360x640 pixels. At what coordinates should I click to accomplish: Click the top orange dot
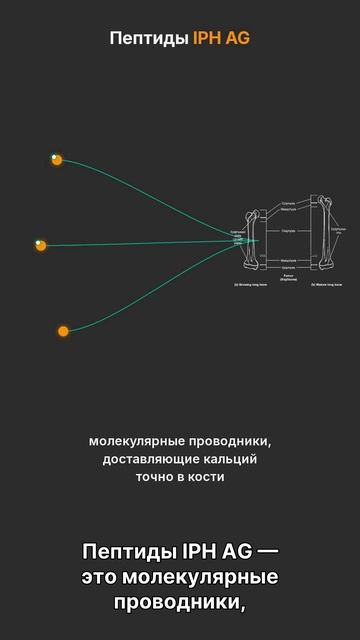57,160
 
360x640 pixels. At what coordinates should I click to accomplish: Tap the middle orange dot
41,245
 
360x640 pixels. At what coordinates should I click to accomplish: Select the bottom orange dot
63,331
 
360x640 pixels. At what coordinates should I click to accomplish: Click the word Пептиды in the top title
149,39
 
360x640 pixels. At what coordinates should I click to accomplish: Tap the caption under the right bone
327,285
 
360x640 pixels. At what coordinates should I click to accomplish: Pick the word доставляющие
147,459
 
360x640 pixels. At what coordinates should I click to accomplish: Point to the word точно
155,477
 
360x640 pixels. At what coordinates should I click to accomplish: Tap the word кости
205,477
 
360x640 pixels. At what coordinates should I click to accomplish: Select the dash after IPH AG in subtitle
267,553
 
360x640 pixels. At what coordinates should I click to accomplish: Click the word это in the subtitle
100,578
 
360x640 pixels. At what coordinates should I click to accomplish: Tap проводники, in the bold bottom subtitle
180,603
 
